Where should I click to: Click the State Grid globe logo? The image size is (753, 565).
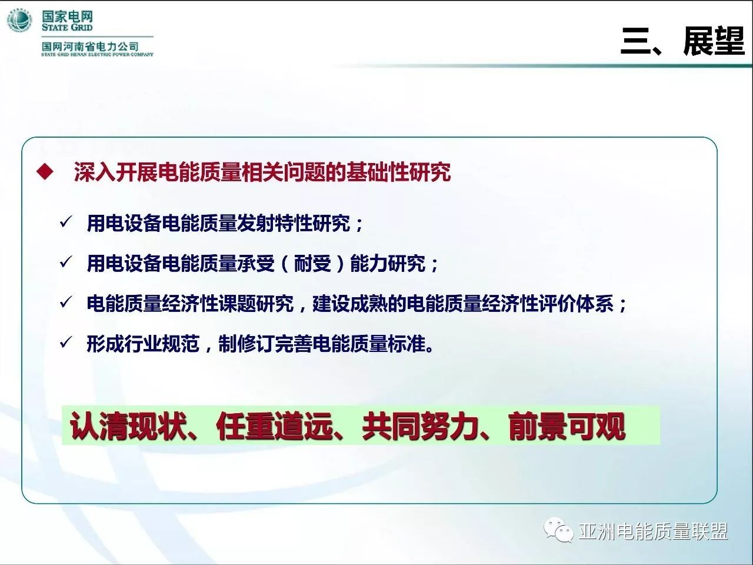[19, 21]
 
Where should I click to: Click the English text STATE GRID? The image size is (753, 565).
[67, 28]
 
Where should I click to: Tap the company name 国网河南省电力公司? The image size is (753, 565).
[90, 46]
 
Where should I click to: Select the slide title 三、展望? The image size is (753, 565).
[682, 42]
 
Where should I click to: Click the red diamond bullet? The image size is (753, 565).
[45, 171]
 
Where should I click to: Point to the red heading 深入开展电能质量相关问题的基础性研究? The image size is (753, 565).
[262, 172]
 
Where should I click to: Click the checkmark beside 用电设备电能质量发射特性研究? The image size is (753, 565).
[65, 222]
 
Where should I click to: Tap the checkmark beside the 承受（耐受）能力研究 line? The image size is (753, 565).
[65, 262]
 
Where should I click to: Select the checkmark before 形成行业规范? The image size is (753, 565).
[65, 342]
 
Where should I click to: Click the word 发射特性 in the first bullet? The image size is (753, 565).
[275, 223]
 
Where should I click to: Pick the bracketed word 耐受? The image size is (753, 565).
[312, 264]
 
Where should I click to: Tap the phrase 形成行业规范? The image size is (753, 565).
[143, 344]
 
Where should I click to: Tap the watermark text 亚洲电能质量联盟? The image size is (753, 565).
[653, 531]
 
